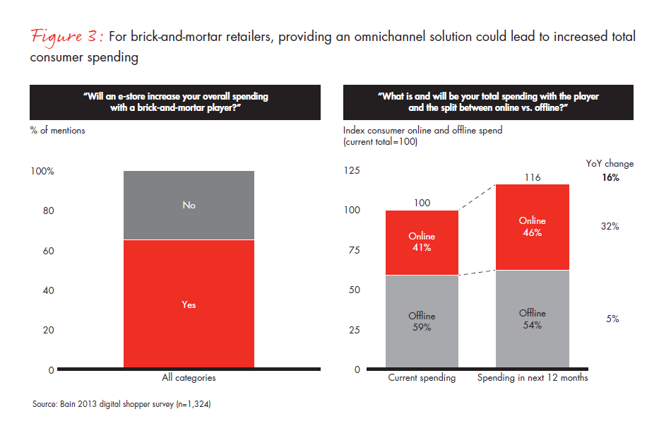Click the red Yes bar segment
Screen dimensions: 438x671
(x=189, y=304)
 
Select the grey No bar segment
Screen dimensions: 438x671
(x=189, y=206)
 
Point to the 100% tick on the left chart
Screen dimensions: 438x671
(x=42, y=172)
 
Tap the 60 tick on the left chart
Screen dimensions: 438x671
(x=47, y=251)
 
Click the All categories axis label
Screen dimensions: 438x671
(x=189, y=378)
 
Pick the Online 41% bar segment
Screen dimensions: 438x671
(x=422, y=242)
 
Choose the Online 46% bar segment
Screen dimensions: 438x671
(x=532, y=227)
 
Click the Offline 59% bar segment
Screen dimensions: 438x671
(x=422, y=321)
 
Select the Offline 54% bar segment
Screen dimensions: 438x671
(x=532, y=319)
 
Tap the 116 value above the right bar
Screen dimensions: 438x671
(x=533, y=177)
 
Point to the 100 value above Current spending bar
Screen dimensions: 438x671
(x=422, y=203)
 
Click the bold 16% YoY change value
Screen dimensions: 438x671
(x=610, y=178)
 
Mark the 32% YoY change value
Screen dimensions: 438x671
(x=610, y=227)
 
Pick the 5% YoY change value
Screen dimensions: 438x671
(x=612, y=319)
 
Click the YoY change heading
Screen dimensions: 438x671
(x=610, y=164)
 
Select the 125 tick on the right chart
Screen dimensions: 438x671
(x=352, y=171)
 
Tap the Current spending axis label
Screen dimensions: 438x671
(x=422, y=378)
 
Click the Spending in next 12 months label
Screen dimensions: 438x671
(x=533, y=378)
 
